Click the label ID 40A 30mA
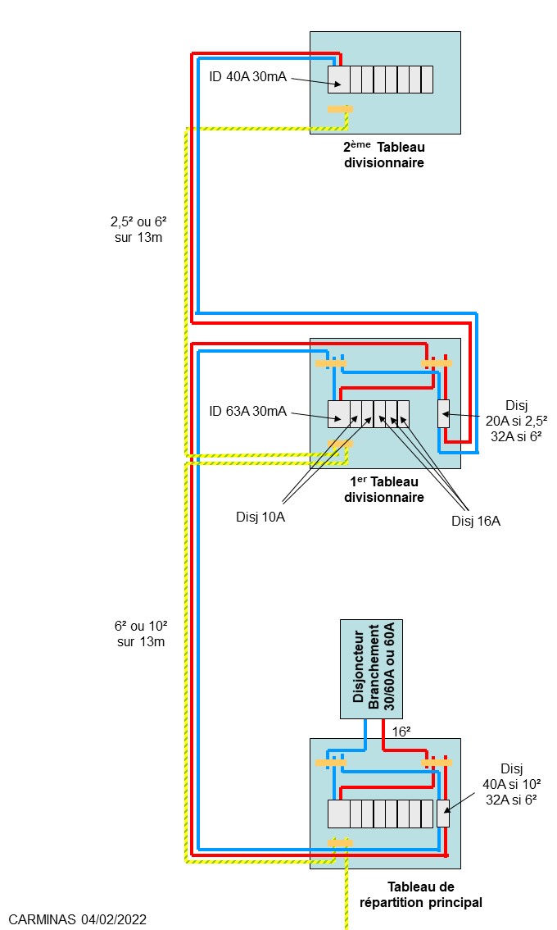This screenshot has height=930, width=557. coord(247,78)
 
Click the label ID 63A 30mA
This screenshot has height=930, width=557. coord(247,411)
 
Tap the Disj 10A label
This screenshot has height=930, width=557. coord(264,517)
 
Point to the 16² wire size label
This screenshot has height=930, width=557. coord(401,730)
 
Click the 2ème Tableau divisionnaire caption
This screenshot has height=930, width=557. coord(383,155)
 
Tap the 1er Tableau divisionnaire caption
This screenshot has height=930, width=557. coord(383,489)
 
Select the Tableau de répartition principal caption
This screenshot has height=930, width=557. coord(420,895)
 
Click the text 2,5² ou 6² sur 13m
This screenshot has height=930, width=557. coord(138,230)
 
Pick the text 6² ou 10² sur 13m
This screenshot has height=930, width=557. coord(141,633)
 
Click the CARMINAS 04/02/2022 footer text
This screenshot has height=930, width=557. coord(78,920)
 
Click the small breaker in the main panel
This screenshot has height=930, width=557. coord(443,813)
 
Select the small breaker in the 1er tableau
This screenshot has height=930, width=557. coord(443,413)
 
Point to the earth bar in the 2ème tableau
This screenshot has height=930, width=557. coord(340,109)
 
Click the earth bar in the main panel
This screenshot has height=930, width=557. coord(340,842)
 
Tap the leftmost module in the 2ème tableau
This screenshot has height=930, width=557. coord(338,80)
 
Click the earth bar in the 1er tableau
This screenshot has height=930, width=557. coord(340,444)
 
